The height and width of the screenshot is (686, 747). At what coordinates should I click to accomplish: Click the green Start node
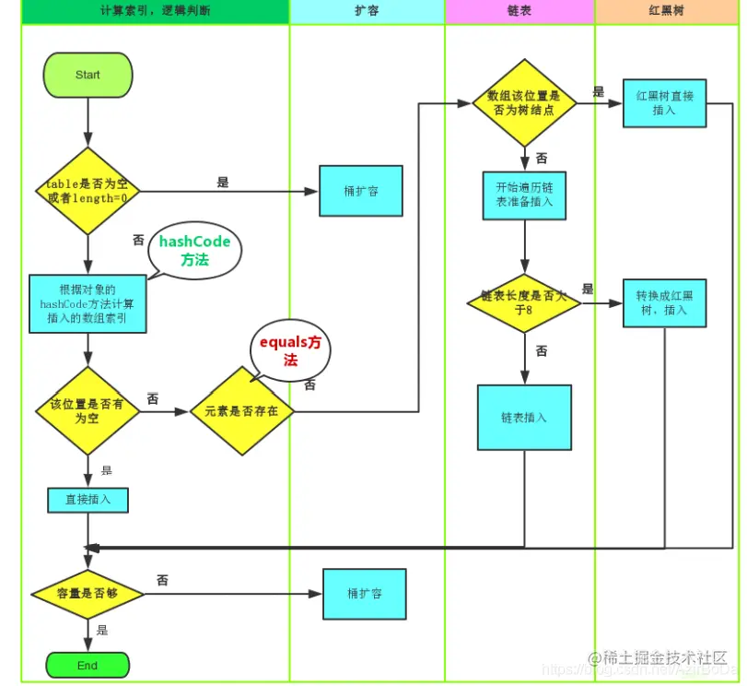coord(88,75)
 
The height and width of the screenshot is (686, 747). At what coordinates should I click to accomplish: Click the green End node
coord(88,665)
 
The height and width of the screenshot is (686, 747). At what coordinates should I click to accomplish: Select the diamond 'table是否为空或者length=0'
coord(88,191)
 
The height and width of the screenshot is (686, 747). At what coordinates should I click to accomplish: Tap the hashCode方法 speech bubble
coord(195,250)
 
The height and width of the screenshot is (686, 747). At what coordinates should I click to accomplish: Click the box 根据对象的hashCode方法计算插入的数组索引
coord(88,303)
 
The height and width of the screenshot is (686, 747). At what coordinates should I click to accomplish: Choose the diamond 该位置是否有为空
coord(88,410)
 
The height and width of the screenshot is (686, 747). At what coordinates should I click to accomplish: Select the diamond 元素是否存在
coord(241,411)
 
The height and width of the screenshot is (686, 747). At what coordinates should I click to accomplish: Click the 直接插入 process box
coord(88,500)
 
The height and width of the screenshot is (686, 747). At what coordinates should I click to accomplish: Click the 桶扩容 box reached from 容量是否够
coord(364,593)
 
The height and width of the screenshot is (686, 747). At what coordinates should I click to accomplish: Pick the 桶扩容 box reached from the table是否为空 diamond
coord(360,191)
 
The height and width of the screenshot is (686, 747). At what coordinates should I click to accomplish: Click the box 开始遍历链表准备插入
coord(523,195)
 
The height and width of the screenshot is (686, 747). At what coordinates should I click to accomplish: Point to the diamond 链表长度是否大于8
coord(523,303)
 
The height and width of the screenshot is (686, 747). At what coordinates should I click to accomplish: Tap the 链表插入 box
coord(523,417)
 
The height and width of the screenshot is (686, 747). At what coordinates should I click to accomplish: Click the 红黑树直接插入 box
coord(664,102)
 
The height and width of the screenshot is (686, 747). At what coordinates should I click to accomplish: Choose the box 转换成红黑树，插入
coord(664,302)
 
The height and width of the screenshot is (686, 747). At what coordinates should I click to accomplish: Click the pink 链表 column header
coord(519,12)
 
